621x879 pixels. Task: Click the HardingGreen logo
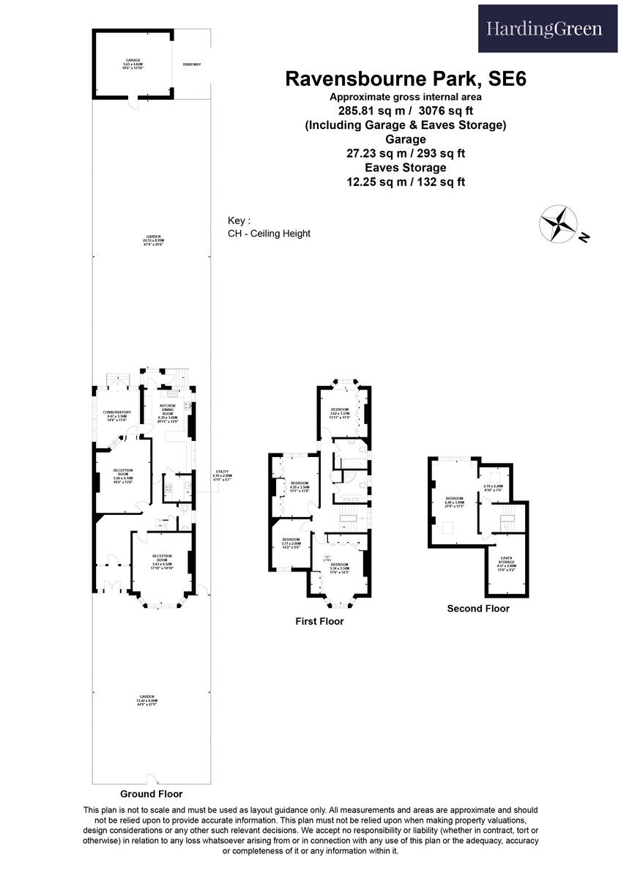tap(544, 29)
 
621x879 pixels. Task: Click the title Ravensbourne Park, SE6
tap(405, 79)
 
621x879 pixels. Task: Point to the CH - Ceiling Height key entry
tap(269, 234)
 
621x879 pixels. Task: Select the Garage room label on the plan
tap(133, 62)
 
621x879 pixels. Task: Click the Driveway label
tap(192, 65)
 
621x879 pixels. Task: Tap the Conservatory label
tap(116, 415)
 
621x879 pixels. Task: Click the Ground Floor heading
tap(152, 793)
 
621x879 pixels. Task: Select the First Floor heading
tap(319, 621)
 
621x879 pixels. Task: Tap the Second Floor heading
tap(478, 608)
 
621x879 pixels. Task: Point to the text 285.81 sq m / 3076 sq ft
tap(406, 111)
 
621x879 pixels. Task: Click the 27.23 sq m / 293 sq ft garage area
tap(406, 154)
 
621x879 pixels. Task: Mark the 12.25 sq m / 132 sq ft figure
tap(406, 182)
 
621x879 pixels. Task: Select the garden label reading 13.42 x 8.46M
tap(147, 699)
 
